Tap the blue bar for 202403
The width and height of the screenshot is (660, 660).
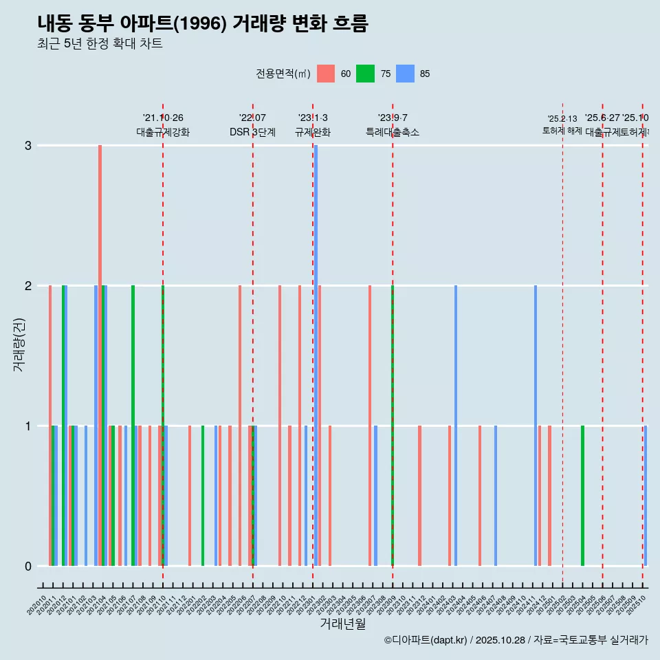pos(456,426)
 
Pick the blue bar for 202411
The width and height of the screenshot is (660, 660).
pos(536,426)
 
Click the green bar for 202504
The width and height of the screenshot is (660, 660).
pos(582,495)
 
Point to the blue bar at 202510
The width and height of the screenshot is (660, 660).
pos(646,495)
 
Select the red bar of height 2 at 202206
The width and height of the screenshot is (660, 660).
pos(240,426)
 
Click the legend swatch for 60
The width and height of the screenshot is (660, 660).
pos(326,74)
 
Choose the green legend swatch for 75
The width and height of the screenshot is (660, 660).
pos(365,74)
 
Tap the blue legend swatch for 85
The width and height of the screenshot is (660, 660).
pos(406,74)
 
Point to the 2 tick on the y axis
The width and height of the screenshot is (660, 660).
pos(28,285)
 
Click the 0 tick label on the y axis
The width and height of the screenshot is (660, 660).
pos(28,566)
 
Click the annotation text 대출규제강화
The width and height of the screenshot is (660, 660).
pos(163,132)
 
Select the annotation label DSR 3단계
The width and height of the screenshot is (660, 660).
pos(252,132)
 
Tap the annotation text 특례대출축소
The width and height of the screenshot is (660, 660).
pos(392,132)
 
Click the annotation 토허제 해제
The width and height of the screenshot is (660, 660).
pos(562,130)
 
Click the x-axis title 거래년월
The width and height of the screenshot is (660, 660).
pos(342,624)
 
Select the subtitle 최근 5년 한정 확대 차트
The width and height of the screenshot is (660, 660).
pos(100,44)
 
